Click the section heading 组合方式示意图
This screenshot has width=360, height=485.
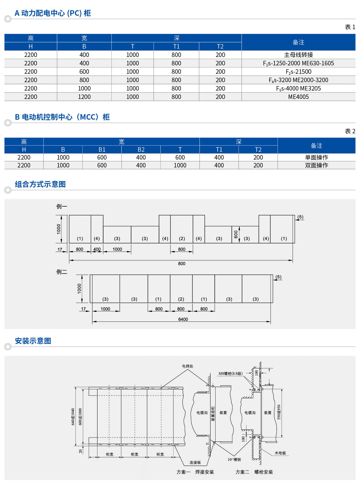point(40,184)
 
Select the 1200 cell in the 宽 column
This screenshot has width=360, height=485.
point(84,97)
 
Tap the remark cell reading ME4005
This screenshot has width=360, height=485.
point(298,97)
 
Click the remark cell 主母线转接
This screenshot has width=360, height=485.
point(298,55)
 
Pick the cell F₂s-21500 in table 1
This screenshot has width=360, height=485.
point(298,72)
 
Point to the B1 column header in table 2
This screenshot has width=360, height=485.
point(102,150)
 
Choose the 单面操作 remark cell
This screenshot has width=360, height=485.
point(316,157)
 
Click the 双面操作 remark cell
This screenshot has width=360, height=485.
point(316,165)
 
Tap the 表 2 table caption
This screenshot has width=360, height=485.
point(350,131)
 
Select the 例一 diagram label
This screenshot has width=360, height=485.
point(62,207)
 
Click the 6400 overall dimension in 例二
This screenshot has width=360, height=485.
point(183,319)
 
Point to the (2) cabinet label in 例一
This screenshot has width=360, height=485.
point(182,239)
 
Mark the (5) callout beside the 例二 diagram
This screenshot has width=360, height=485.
point(278,277)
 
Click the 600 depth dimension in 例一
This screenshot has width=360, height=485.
point(236,234)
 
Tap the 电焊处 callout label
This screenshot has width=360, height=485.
point(187,366)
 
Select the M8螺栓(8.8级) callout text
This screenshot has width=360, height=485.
point(230,373)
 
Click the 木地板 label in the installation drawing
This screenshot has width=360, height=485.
point(280,453)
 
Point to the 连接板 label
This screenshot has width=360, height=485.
point(195,462)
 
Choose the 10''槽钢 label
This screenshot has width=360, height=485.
point(234,460)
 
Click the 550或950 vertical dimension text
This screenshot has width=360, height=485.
point(279,412)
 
